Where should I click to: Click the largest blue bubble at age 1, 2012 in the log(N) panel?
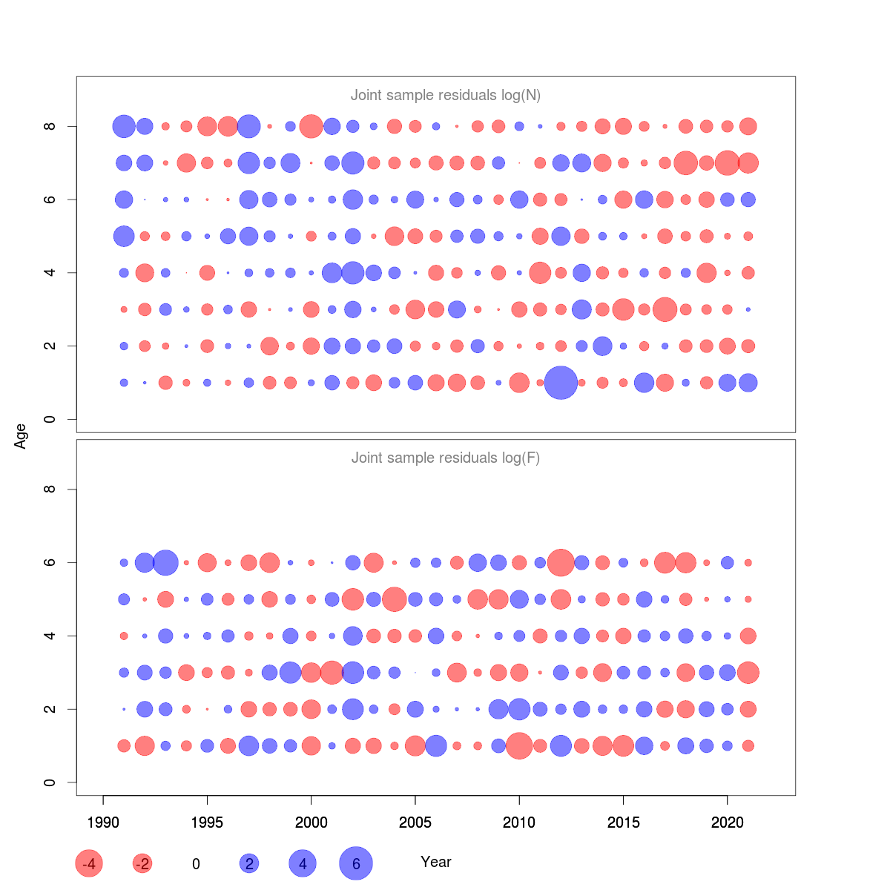(561, 383)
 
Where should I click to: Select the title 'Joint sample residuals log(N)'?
(446, 95)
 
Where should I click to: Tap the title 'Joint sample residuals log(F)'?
(446, 458)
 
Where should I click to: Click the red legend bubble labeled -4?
(89, 863)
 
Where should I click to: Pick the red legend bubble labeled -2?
(142, 863)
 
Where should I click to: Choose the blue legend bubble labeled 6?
(356, 863)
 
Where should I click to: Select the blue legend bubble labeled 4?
(303, 863)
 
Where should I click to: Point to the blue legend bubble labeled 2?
(249, 863)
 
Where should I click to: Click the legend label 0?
(196, 864)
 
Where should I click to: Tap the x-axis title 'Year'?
(436, 862)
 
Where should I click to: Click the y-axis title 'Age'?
(21, 436)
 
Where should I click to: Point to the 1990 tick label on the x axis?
(103, 823)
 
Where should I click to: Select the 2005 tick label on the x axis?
(415, 823)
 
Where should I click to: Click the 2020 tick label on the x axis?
(728, 823)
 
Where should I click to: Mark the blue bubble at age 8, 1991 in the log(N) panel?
(124, 126)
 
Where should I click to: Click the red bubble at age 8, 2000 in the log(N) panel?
(311, 126)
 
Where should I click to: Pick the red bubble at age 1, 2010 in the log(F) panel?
(519, 745)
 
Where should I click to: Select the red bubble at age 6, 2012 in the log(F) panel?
(561, 562)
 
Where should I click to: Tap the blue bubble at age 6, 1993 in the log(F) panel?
(165, 562)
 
